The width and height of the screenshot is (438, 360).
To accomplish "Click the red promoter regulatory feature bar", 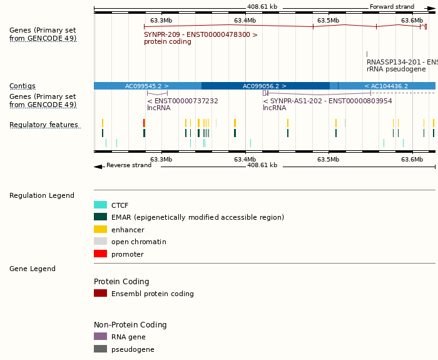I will point(144,123).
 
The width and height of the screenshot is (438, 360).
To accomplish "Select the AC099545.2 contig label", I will point(147,86).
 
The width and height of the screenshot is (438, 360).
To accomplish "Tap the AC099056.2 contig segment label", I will point(265,86).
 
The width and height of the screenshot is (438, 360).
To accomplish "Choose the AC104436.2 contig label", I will point(386,86).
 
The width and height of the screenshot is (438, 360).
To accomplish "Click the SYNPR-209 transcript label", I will point(200,35).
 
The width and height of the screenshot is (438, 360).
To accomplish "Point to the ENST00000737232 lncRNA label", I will point(183,101).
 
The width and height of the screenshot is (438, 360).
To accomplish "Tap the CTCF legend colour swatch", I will point(100,205).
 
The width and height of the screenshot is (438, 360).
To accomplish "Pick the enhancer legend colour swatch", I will point(100,230).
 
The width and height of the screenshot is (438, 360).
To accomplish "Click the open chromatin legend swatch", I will point(100,242).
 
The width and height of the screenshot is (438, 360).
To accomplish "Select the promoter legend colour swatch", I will point(100,254).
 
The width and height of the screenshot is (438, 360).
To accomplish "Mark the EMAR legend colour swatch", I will point(100,217).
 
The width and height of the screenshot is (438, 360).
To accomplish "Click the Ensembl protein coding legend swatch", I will point(100,294).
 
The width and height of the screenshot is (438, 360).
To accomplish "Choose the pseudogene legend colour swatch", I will point(100,349).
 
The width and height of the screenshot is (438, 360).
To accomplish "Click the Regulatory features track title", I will point(44,125).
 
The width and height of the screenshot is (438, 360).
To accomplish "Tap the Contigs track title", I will point(23,86).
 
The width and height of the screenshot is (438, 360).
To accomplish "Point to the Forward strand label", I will point(392,7).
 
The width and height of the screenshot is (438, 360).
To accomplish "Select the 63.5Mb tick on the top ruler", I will point(328,21).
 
